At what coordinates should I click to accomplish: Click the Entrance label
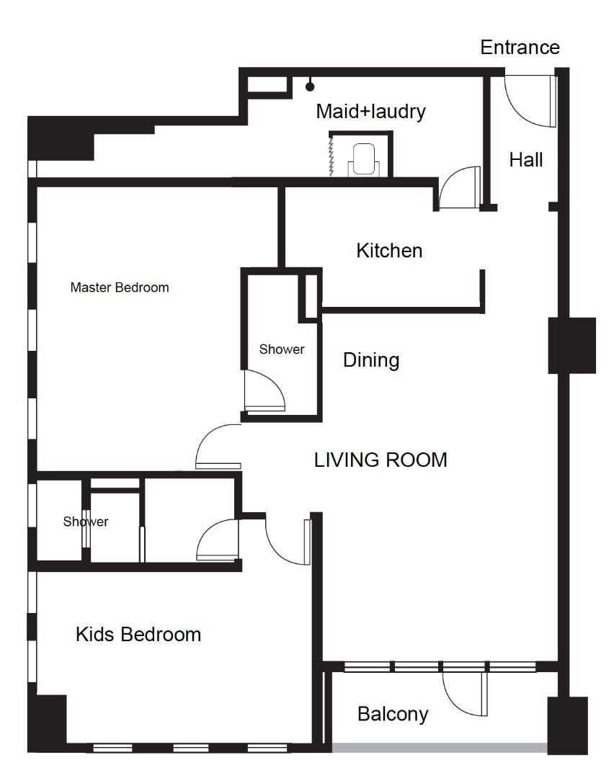[520, 47]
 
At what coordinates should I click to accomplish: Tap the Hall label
[525, 160]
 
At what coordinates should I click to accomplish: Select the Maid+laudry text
[371, 111]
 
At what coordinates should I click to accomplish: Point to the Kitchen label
[389, 251]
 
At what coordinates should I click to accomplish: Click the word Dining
[371, 360]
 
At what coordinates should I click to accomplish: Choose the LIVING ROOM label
[381, 460]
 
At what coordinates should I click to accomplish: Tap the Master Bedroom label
[120, 287]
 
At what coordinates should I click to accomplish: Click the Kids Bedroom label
[138, 634]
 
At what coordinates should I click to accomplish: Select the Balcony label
[393, 714]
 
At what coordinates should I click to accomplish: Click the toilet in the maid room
[364, 160]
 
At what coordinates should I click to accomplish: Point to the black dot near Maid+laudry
[310, 87]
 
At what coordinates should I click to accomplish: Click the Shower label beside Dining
[282, 349]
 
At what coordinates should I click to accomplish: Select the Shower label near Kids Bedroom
[85, 522]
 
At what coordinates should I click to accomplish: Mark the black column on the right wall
[571, 345]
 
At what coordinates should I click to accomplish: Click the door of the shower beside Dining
[265, 392]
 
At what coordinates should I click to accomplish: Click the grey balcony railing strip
[440, 747]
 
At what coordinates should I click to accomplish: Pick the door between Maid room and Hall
[459, 187]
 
